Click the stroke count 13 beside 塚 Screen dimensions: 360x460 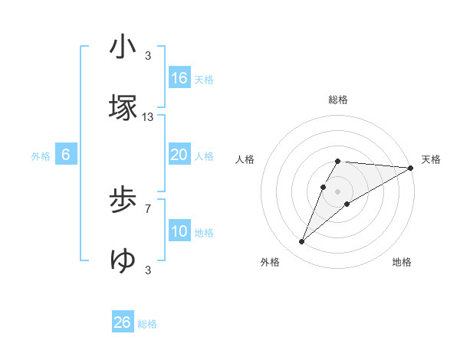pyautogui.click(x=148, y=117)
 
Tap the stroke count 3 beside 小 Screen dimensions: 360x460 pyautogui.click(x=148, y=56)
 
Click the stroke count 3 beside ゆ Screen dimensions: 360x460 pyautogui.click(x=148, y=270)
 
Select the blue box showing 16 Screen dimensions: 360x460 pyautogui.click(x=179, y=78)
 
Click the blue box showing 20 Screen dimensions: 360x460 pyautogui.click(x=179, y=155)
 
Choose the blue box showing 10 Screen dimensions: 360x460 pyautogui.click(x=179, y=231)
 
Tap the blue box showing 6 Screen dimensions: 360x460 pyautogui.click(x=66, y=155)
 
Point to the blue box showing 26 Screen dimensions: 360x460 pyautogui.click(x=123, y=322)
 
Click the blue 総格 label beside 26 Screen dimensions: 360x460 pyautogui.click(x=147, y=324)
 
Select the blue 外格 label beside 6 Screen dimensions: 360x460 pyautogui.click(x=41, y=156)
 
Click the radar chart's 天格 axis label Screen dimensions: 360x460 pyautogui.click(x=431, y=159)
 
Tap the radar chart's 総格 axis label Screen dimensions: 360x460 pyautogui.click(x=338, y=100)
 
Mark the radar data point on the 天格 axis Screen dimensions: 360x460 pyautogui.click(x=411, y=167)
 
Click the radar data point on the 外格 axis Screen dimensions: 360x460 pyautogui.click(x=302, y=242)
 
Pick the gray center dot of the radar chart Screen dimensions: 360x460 pyautogui.click(x=338, y=191)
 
